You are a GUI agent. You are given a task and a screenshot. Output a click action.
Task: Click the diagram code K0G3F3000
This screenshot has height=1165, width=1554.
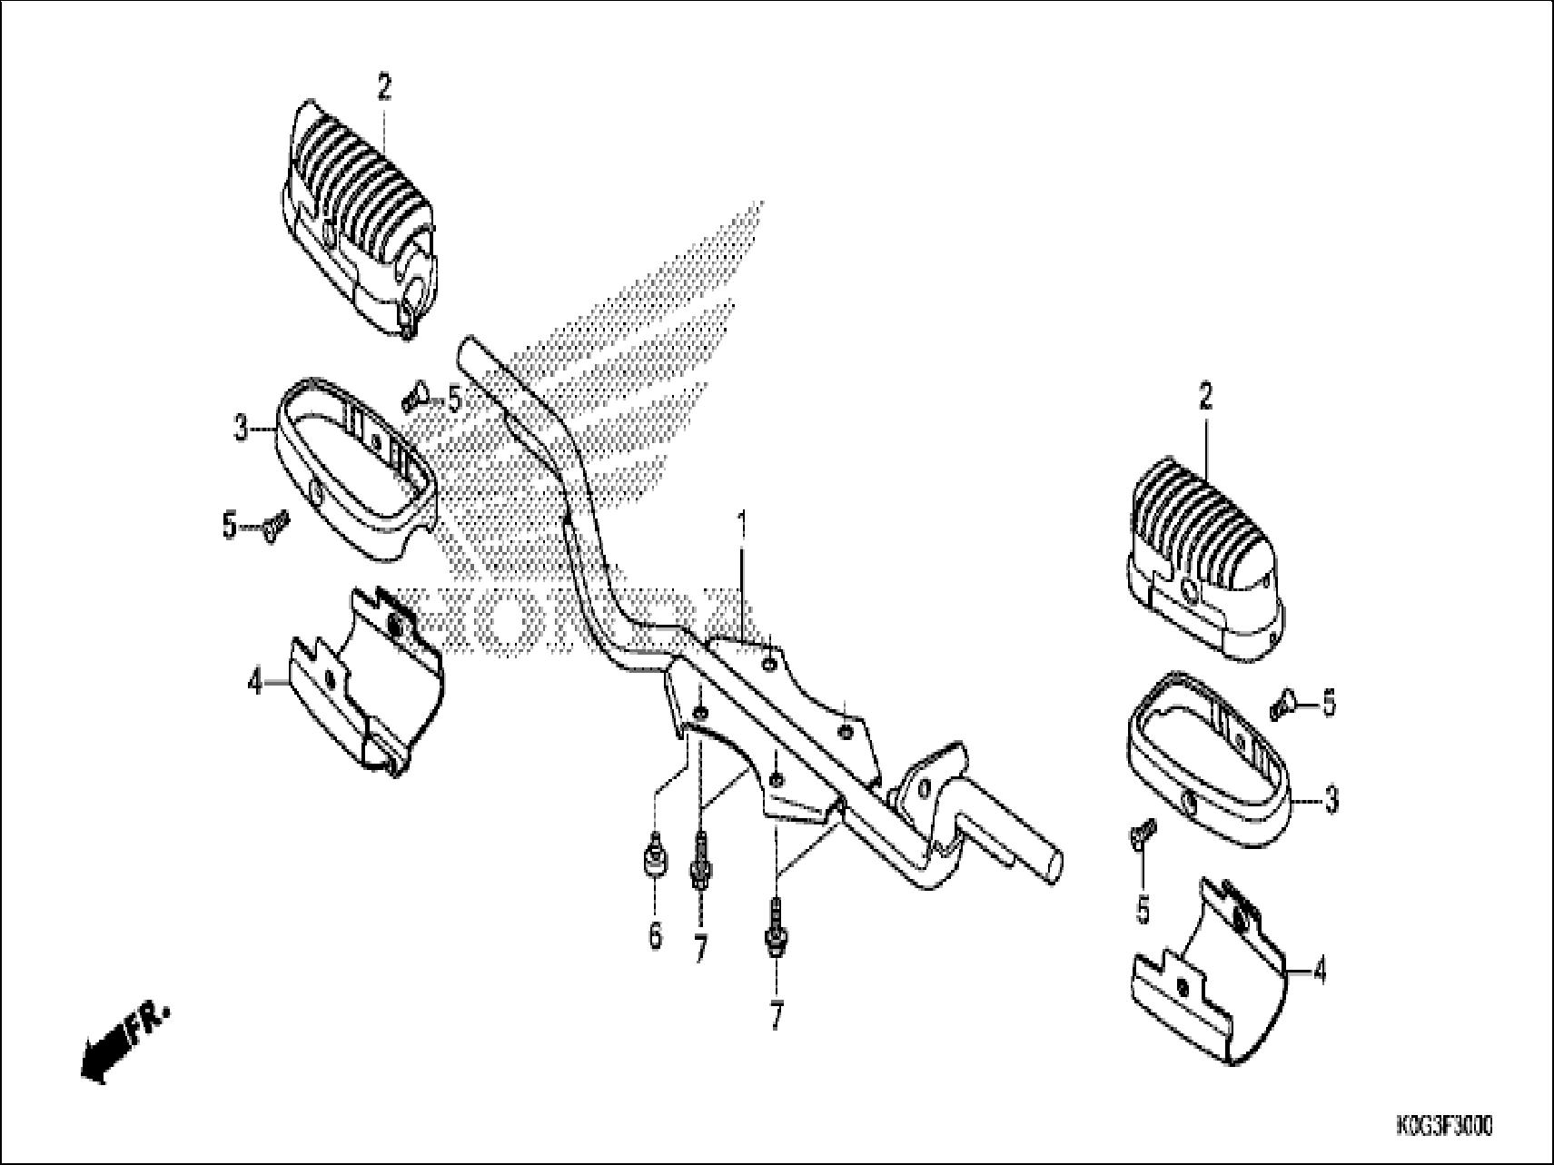(1443, 1128)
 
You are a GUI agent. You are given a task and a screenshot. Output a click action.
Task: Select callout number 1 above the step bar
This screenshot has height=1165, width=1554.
(742, 526)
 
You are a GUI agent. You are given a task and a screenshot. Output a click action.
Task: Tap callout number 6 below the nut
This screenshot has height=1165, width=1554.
(656, 934)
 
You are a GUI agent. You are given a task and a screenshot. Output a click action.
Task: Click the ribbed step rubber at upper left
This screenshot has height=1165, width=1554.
(359, 218)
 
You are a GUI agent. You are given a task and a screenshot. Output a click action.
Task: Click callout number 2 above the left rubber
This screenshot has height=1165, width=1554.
(384, 88)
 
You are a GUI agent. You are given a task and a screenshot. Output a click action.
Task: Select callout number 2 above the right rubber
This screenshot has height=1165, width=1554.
(1205, 398)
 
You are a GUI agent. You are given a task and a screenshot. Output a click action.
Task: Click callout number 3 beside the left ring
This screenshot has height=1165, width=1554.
(241, 428)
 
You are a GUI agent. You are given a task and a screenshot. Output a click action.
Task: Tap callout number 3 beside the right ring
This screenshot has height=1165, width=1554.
(1331, 801)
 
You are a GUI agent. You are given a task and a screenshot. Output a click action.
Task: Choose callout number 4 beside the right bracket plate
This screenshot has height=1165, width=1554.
(1320, 972)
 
